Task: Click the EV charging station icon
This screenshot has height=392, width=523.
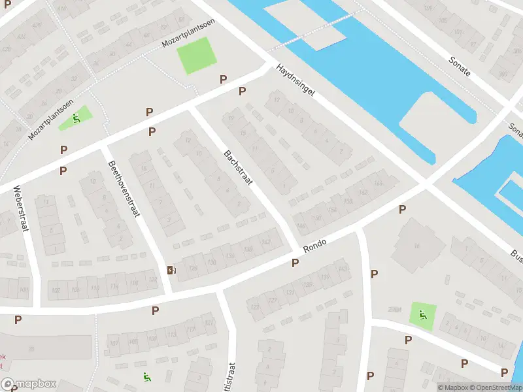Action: (x=171, y=270)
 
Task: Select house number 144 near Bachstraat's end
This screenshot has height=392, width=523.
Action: (x=301, y=227)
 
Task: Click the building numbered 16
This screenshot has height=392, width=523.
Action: (x=415, y=246)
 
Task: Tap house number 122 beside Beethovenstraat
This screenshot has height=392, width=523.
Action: (x=153, y=280)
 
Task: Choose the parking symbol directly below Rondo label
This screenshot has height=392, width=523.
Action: (x=295, y=263)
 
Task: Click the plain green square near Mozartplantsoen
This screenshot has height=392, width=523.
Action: (x=196, y=56)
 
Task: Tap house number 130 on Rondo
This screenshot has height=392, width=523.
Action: (x=211, y=263)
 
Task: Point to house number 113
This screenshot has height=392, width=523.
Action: (x=172, y=335)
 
